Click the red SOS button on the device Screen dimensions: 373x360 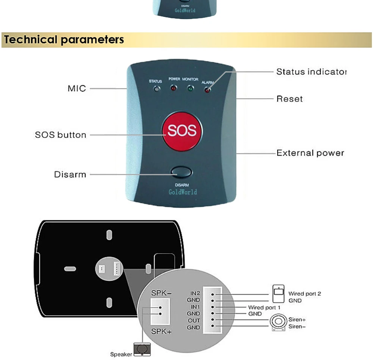[x=182, y=131]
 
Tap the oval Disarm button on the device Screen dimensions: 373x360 [x=182, y=172]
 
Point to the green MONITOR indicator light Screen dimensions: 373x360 [x=190, y=89]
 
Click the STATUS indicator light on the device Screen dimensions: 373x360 [x=157, y=89]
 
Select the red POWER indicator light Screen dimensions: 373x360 [x=173, y=89]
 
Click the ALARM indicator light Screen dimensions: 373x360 [x=207, y=90]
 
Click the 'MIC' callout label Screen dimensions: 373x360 [x=77, y=89]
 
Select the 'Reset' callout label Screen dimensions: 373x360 [x=289, y=99]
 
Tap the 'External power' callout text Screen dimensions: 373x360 [x=310, y=153]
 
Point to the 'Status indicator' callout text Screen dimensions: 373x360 [x=311, y=72]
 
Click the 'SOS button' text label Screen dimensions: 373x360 [x=60, y=135]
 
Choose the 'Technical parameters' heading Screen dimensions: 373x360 [x=64, y=40]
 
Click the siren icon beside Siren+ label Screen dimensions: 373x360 [x=278, y=322]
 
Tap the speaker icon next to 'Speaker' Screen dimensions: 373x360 [x=142, y=350]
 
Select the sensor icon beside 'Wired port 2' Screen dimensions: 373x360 [x=278, y=294]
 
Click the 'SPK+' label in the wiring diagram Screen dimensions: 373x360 [x=161, y=331]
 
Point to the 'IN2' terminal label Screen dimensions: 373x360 [x=195, y=293]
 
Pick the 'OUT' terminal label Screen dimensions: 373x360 [x=194, y=321]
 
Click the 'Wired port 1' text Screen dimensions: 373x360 [x=264, y=308]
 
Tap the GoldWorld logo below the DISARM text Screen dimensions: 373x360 [x=183, y=192]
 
